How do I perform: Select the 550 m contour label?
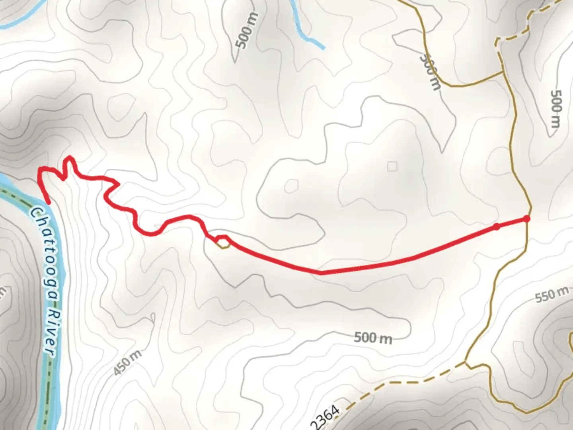coord(552,295)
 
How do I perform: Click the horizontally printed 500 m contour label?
coord(373,338)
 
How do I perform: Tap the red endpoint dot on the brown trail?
coord(527,219)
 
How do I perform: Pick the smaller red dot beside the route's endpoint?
coord(496,227)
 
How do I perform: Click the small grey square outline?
coord(392,166)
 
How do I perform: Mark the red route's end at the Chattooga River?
coord(49,203)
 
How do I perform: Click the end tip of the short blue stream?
coord(324,48)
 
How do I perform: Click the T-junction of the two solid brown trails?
coord(504,72)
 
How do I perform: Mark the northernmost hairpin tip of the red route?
coord(70,158)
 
